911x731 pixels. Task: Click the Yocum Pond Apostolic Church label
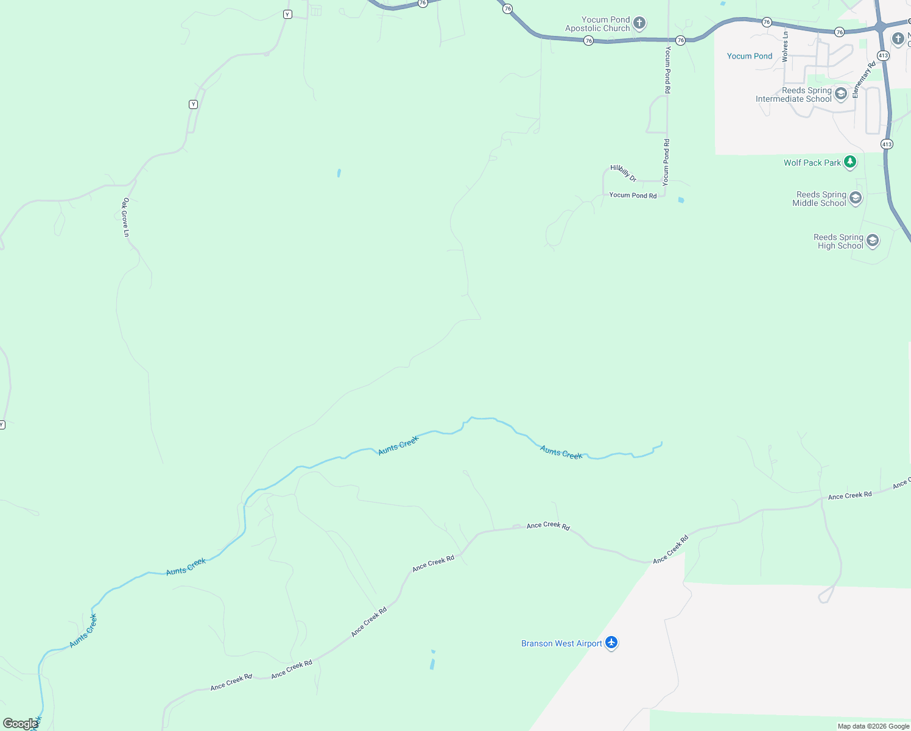click(597, 24)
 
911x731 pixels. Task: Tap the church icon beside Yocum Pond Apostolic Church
click(639, 24)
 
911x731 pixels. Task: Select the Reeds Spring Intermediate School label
click(793, 94)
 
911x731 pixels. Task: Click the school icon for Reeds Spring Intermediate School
click(841, 94)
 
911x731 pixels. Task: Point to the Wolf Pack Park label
click(812, 163)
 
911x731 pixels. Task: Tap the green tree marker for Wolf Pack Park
click(849, 162)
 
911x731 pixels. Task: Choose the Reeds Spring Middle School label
click(819, 199)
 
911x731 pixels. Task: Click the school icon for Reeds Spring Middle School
click(856, 198)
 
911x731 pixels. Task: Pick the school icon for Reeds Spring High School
click(873, 241)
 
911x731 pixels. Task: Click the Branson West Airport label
click(561, 643)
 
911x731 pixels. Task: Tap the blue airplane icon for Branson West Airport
click(611, 643)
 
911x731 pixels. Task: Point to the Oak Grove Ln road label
click(126, 217)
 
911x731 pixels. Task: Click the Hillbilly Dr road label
click(624, 173)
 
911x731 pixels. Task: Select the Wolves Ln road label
click(785, 47)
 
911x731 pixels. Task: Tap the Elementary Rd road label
click(864, 80)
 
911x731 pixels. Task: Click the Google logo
click(20, 723)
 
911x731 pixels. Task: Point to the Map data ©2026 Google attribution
click(873, 726)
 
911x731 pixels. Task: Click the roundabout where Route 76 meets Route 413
click(880, 26)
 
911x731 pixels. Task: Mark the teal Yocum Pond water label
click(750, 56)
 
